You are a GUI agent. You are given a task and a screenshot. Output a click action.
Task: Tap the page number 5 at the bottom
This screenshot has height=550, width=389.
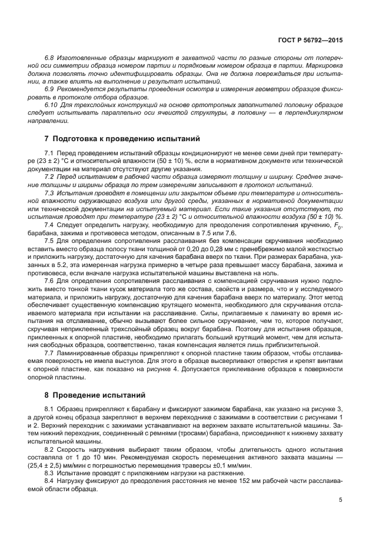pos(341,500)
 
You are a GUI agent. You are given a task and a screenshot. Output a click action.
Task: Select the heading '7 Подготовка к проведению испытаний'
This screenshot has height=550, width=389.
pos(122,139)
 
